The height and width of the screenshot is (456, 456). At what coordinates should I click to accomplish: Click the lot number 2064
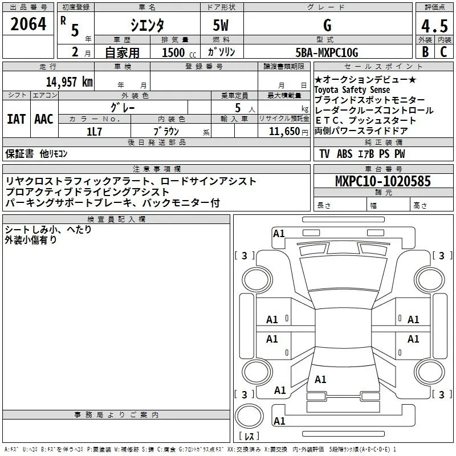(x=28, y=25)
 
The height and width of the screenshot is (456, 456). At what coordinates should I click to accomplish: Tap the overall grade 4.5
(x=434, y=26)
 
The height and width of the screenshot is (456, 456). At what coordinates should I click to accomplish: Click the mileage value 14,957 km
(x=69, y=82)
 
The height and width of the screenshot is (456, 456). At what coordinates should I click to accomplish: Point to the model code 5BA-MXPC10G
(x=327, y=52)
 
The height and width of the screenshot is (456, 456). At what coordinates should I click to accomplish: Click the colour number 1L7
(x=95, y=131)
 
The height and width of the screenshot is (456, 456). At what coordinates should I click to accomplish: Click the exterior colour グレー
(x=123, y=107)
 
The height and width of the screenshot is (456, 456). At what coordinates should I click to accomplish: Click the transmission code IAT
(x=16, y=119)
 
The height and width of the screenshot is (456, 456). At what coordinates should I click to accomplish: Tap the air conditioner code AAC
(x=43, y=119)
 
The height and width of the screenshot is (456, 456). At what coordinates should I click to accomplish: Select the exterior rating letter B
(x=425, y=52)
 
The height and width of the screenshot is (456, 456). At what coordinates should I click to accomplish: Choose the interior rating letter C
(x=443, y=52)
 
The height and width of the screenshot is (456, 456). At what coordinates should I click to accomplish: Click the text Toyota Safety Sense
(x=352, y=90)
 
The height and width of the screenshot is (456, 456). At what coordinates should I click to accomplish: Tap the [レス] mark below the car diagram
(x=249, y=437)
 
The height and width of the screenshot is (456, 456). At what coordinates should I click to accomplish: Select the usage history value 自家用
(x=122, y=52)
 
